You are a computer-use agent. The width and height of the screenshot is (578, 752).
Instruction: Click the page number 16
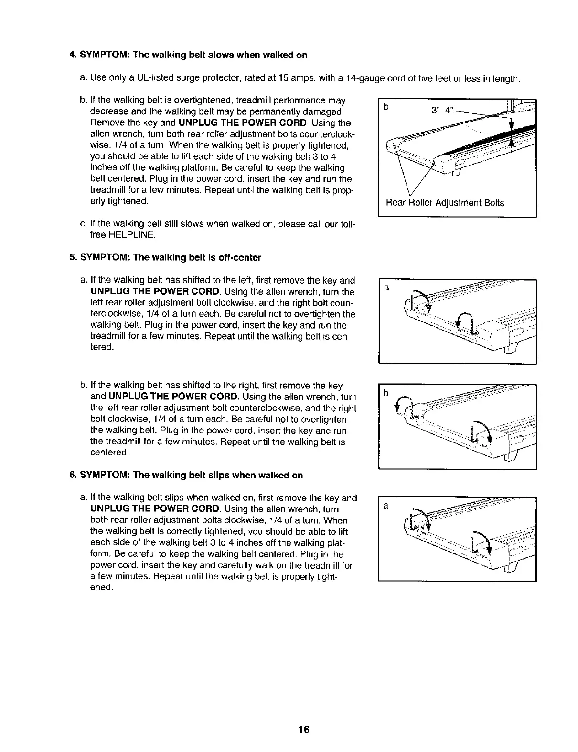coord(303,730)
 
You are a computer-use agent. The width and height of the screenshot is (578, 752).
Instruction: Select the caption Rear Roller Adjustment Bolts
coord(445,203)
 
